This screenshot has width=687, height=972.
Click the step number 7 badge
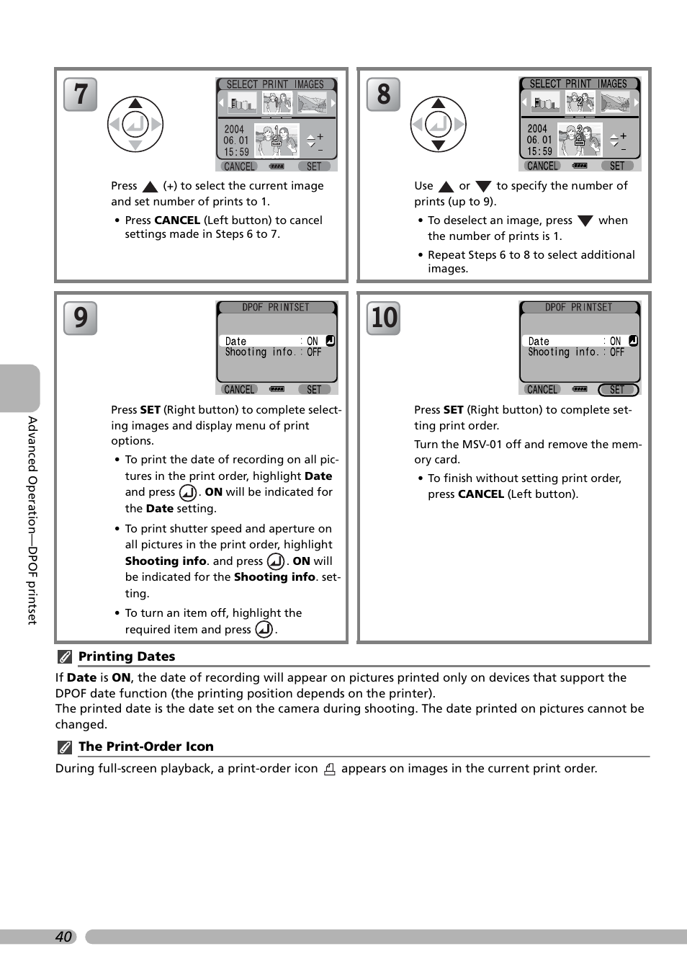[x=80, y=94]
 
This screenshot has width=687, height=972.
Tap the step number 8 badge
[x=383, y=94]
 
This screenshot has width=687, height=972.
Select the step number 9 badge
[x=80, y=318]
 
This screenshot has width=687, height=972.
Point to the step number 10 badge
[x=383, y=318]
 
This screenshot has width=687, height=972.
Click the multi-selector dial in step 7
[x=135, y=124]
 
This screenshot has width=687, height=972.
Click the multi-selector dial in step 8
[x=439, y=124]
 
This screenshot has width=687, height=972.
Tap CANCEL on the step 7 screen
[x=239, y=166]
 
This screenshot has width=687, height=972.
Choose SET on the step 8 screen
[x=617, y=166]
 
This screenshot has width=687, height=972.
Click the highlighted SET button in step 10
[x=618, y=390]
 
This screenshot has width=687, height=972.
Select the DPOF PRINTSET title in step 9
[x=276, y=307]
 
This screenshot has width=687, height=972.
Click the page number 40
[x=63, y=937]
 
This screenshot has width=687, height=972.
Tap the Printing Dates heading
[x=127, y=656]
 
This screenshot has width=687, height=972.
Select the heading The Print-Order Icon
[x=145, y=746]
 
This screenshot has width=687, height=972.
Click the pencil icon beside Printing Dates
[x=65, y=656]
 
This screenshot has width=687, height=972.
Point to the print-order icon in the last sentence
[x=330, y=769]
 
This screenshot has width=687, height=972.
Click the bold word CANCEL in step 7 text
[x=177, y=220]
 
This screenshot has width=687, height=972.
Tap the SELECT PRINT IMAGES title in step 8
[x=578, y=84]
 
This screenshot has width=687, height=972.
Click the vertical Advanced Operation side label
[x=32, y=519]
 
